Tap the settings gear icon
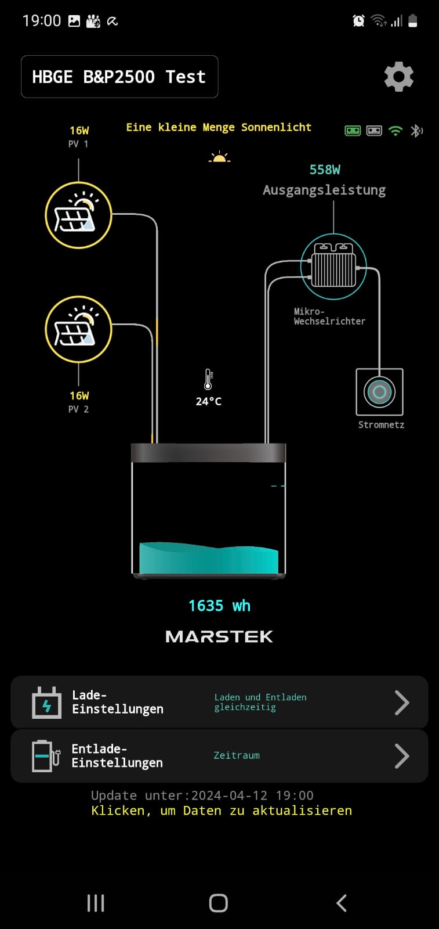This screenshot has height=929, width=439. click(x=399, y=77)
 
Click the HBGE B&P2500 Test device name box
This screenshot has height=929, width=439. click(x=119, y=77)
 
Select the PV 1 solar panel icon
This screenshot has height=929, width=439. click(x=78, y=215)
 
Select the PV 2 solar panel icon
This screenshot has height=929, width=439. click(x=78, y=329)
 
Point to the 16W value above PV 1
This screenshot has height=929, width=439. click(x=79, y=130)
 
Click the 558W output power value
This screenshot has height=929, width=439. click(x=325, y=170)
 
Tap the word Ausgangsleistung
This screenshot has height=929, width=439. click(x=324, y=190)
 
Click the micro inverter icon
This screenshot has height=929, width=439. click(x=333, y=267)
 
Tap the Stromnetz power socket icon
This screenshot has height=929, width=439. click(x=379, y=392)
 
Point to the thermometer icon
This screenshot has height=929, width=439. click(x=208, y=379)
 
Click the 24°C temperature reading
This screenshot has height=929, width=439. click(x=208, y=401)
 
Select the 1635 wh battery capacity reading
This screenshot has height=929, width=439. click(x=219, y=606)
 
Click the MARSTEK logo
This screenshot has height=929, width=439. click(x=219, y=637)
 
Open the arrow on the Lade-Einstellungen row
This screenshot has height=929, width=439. click(x=401, y=703)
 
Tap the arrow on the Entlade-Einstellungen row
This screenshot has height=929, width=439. click(x=401, y=756)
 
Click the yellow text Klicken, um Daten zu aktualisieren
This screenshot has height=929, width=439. click(x=222, y=811)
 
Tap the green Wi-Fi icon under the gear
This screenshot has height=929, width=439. click(x=396, y=131)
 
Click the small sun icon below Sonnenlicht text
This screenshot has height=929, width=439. click(x=219, y=157)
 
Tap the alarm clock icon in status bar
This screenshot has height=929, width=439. click(x=358, y=21)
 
